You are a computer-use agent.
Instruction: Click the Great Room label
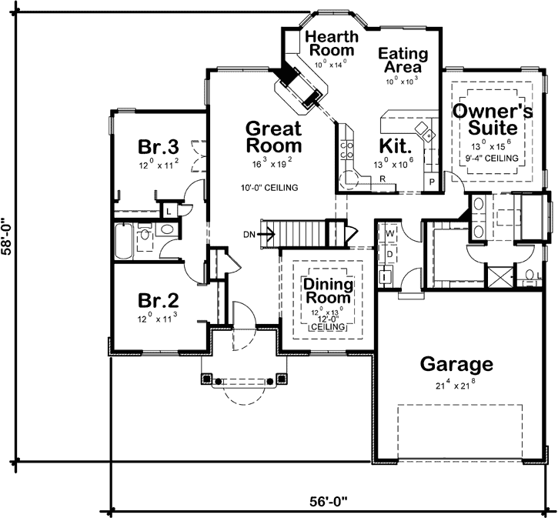pyautogui.click(x=272, y=136)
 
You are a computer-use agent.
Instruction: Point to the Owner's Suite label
pyautogui.click(x=492, y=119)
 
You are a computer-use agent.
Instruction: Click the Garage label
pyautogui.click(x=455, y=364)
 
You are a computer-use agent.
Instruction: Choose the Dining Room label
pyautogui.click(x=327, y=291)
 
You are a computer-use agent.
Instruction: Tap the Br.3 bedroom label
pyautogui.click(x=159, y=146)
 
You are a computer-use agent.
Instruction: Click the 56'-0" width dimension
pyautogui.click(x=330, y=499)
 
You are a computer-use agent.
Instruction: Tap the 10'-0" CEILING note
pyautogui.click(x=269, y=187)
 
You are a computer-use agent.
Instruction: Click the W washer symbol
pyautogui.click(x=389, y=232)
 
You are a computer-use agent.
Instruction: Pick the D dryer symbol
pyautogui.click(x=389, y=252)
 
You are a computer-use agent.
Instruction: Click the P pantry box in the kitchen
pyautogui.click(x=433, y=182)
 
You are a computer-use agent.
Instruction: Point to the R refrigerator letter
pyautogui.click(x=381, y=179)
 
